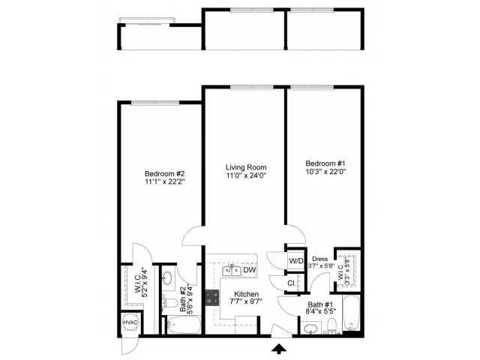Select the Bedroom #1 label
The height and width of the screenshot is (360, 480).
pos(325,163)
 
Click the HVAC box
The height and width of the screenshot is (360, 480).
pos(128,324)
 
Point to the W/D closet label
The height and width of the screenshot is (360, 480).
pos(295,261)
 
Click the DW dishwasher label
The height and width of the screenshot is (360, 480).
pos(250,270)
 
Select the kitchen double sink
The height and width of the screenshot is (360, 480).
pos(231,269)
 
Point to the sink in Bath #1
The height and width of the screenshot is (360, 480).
pos(310,328)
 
